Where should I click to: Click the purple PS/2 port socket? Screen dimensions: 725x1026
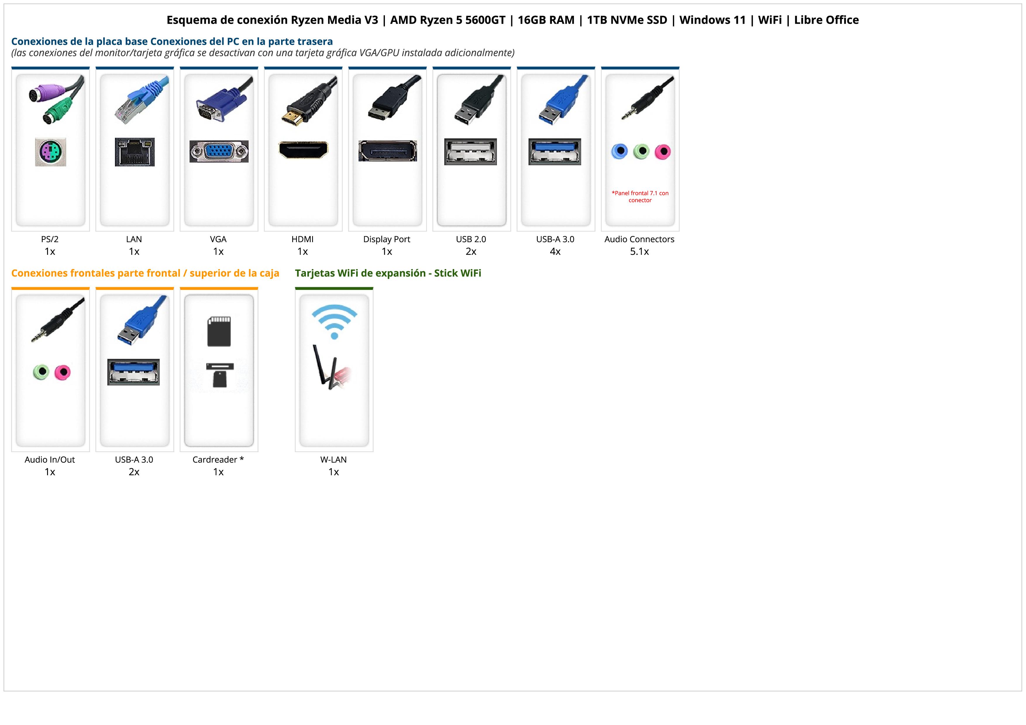click(51, 152)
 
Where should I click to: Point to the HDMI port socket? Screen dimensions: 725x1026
click(303, 150)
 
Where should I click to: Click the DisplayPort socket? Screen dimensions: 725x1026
click(388, 151)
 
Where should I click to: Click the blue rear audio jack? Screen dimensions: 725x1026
click(619, 151)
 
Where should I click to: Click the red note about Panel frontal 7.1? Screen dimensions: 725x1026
click(640, 197)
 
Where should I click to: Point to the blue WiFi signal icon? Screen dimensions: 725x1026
click(334, 321)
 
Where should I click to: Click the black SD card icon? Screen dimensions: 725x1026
click(219, 331)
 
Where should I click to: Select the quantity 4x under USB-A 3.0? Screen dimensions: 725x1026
click(555, 252)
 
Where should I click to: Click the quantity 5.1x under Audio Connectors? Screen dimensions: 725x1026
click(639, 252)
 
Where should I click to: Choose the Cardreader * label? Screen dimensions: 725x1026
click(218, 460)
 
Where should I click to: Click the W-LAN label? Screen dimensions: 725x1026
click(333, 460)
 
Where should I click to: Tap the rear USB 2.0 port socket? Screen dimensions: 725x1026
click(471, 152)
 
